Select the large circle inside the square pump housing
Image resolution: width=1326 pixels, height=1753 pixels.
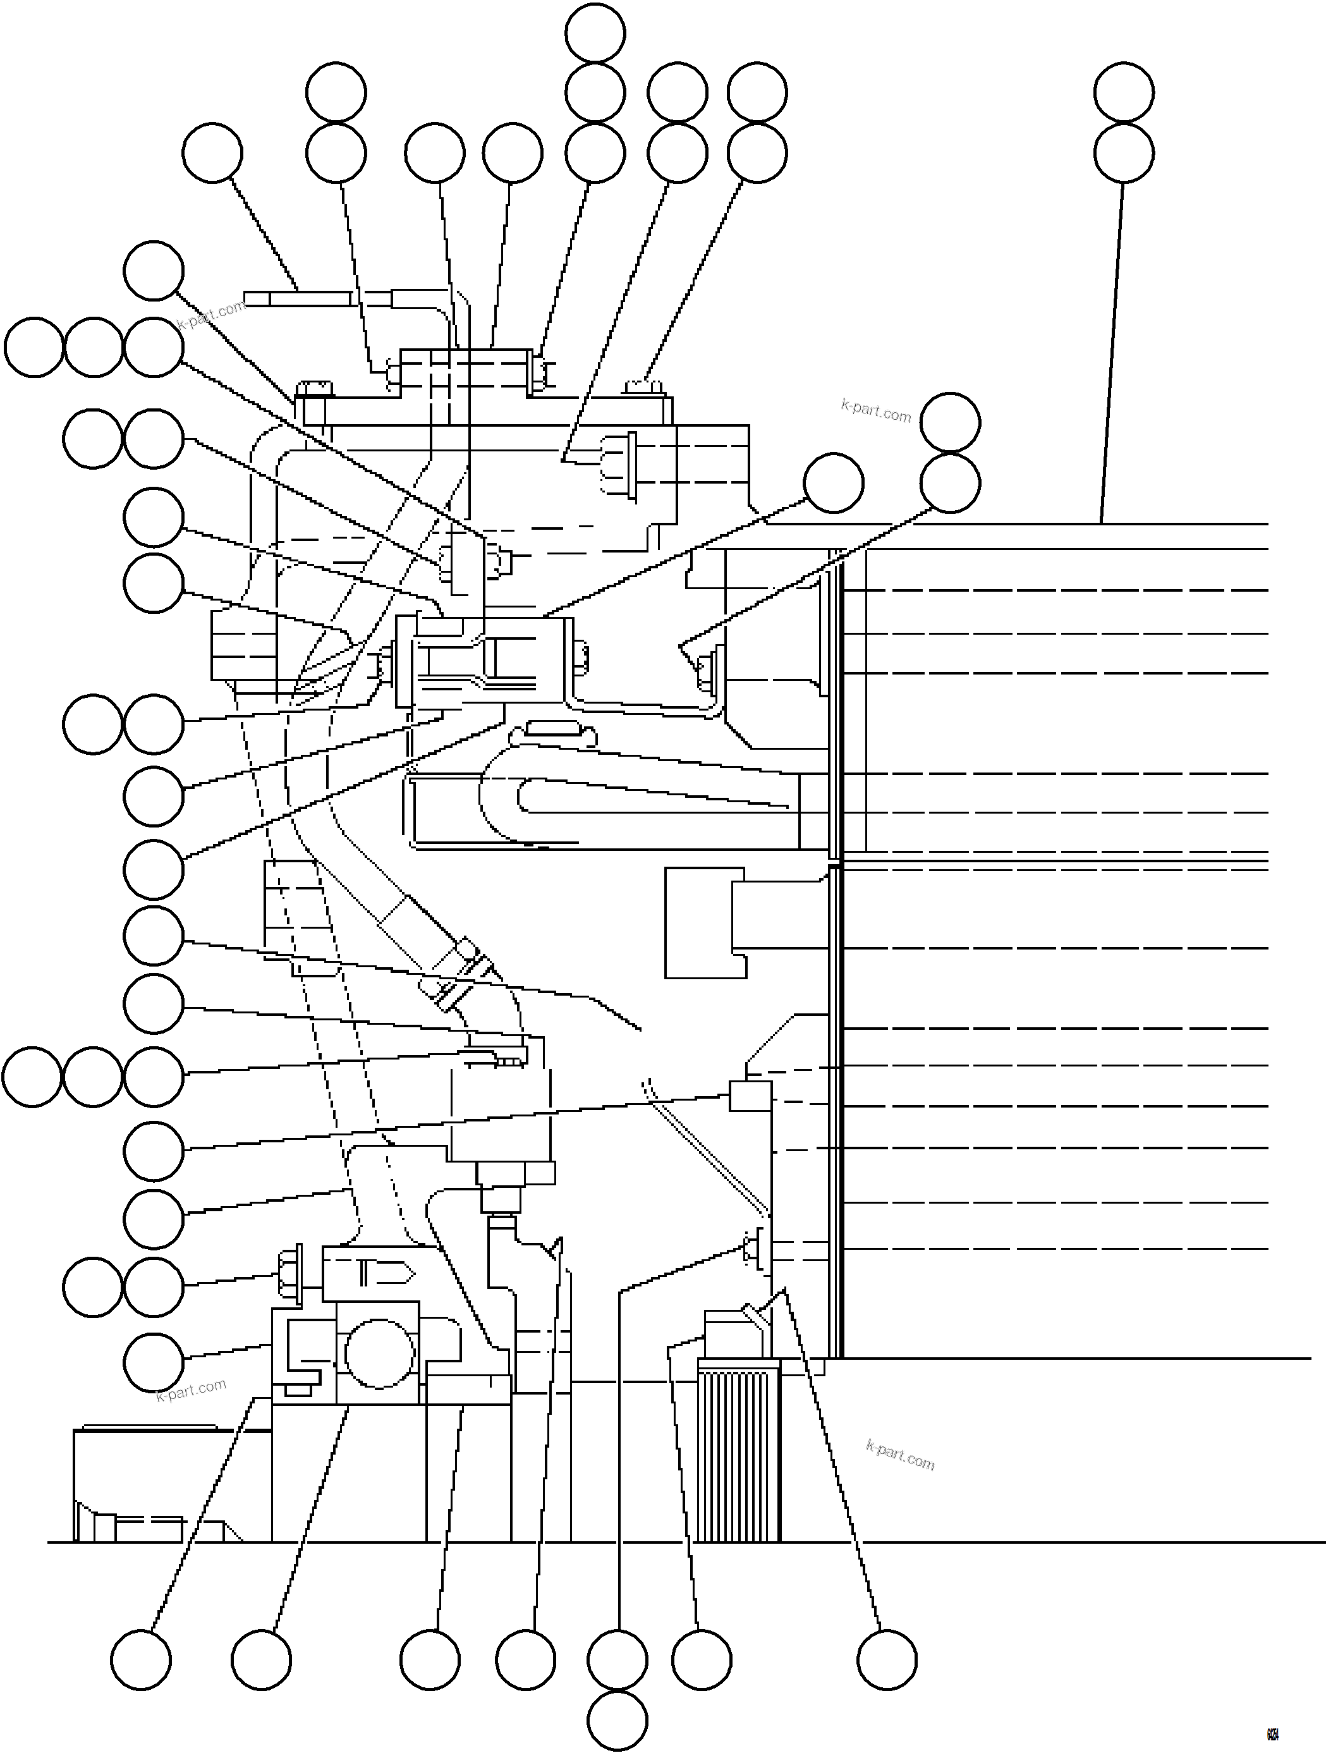click(379, 1353)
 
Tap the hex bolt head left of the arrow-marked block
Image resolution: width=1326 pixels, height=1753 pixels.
click(290, 1274)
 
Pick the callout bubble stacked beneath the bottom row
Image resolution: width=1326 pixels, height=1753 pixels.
click(618, 1721)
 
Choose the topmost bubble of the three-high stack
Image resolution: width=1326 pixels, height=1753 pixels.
click(595, 32)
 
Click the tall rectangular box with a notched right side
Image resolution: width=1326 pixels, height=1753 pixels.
click(704, 922)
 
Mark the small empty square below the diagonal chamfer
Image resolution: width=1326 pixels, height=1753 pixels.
click(750, 1095)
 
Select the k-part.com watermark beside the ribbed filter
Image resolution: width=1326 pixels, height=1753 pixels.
click(900, 1456)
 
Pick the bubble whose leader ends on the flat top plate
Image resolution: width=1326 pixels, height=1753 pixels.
click(212, 153)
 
